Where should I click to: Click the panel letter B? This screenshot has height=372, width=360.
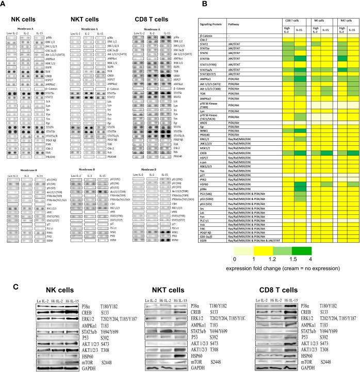coord(203,5)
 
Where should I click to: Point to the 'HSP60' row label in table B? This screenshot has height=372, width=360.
coord(205,184)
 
